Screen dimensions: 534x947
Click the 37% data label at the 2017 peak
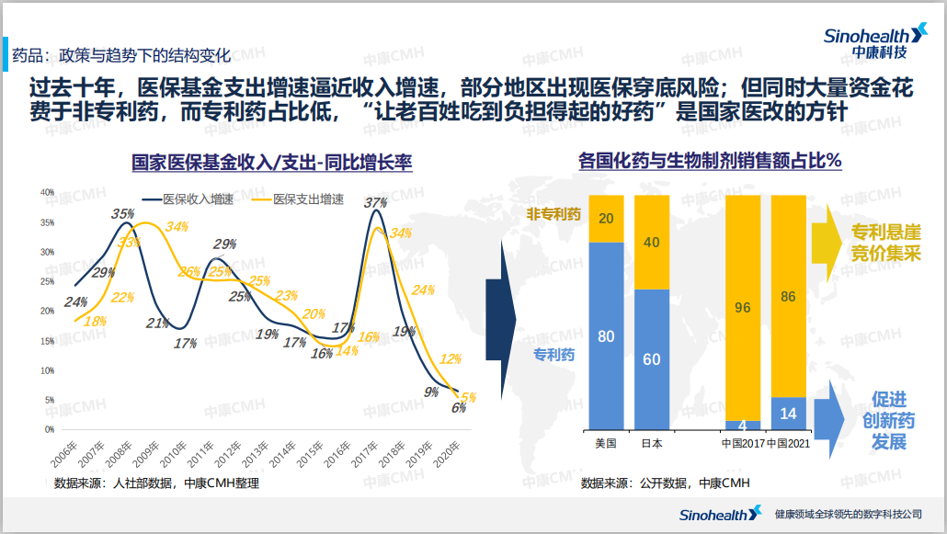(x=375, y=202)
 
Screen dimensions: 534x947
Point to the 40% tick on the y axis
(x=48, y=192)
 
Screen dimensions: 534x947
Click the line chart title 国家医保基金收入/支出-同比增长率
(x=271, y=163)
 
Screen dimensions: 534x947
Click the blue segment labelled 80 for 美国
(x=606, y=336)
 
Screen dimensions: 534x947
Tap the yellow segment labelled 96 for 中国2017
(x=743, y=308)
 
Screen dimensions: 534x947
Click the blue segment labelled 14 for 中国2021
(x=788, y=414)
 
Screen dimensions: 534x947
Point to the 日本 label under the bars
(x=651, y=443)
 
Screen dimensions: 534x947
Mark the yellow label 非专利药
(x=553, y=214)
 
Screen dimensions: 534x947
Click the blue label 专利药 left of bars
(x=555, y=353)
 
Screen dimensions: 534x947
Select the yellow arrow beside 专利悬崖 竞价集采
(x=827, y=242)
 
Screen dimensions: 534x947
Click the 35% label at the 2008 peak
(x=122, y=214)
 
